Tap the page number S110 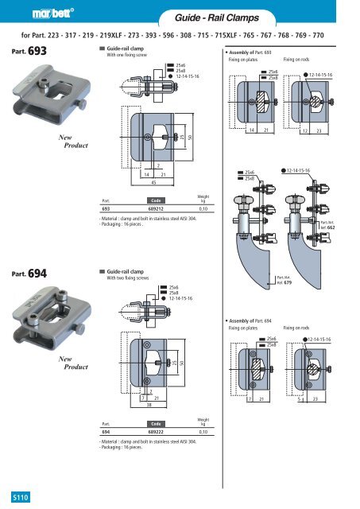pos(14,496)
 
